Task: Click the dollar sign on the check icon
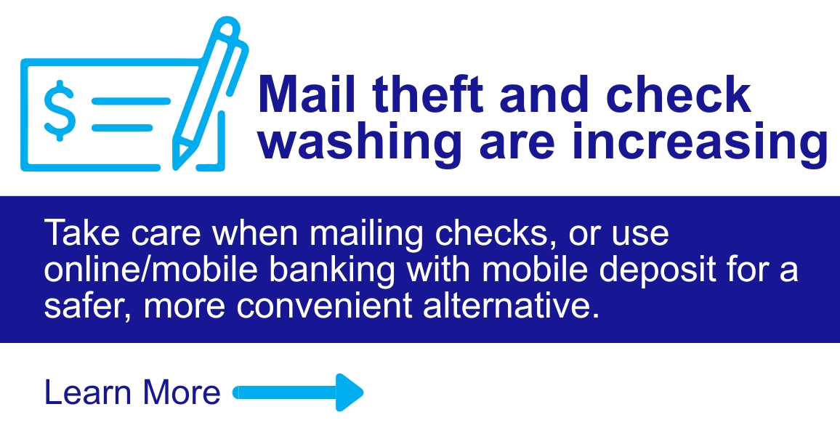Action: coord(56,110)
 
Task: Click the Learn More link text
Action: coord(132,392)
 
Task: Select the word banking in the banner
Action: coord(334,270)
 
